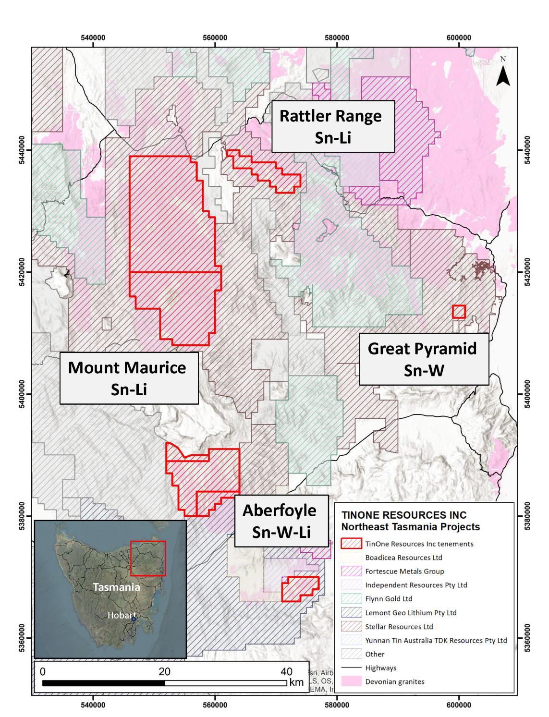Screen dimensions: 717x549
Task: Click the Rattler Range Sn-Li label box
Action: pyautogui.click(x=333, y=126)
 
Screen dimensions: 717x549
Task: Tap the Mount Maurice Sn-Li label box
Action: pyautogui.click(x=129, y=378)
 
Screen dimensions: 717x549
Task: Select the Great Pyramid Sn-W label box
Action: pyautogui.click(x=423, y=359)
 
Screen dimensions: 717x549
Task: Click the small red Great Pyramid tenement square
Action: pyautogui.click(x=459, y=312)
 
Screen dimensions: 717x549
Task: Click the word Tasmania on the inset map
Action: pyautogui.click(x=116, y=587)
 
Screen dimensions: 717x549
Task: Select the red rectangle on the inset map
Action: pyautogui.click(x=148, y=558)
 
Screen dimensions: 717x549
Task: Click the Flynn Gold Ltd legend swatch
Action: pyautogui.click(x=351, y=599)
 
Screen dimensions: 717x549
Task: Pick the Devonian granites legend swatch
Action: pyautogui.click(x=351, y=681)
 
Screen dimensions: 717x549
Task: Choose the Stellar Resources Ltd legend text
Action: pyautogui.click(x=399, y=627)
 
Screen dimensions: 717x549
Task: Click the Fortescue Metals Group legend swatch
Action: pyautogui.click(x=351, y=571)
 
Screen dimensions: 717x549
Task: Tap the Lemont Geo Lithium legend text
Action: pyautogui.click(x=411, y=613)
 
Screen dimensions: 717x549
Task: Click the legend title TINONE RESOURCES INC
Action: pyautogui.click(x=403, y=515)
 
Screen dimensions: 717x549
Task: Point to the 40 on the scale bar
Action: pyautogui.click(x=286, y=671)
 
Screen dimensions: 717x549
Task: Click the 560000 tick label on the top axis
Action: pyautogui.click(x=215, y=38)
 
